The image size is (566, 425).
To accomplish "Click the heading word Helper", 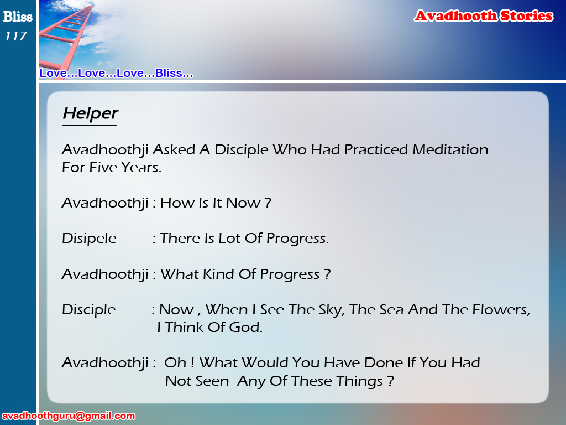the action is pos(90,114).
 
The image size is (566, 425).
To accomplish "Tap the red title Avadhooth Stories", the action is pos(484,16).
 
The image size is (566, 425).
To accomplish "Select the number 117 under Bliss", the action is pos(16,36).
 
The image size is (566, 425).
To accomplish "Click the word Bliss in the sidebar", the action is pos(18,17).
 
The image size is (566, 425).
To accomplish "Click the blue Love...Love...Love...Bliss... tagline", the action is pos(116,73).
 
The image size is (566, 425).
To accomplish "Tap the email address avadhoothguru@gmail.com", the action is pos(69,416).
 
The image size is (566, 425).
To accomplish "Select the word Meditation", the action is pos(450,149).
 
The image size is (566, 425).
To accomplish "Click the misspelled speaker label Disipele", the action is pos(89,239).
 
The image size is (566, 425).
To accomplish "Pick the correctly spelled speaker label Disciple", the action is pos(88,310).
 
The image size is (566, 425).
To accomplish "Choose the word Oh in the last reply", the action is pos(175,363).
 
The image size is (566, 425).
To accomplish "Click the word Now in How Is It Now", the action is pos(243,203).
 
